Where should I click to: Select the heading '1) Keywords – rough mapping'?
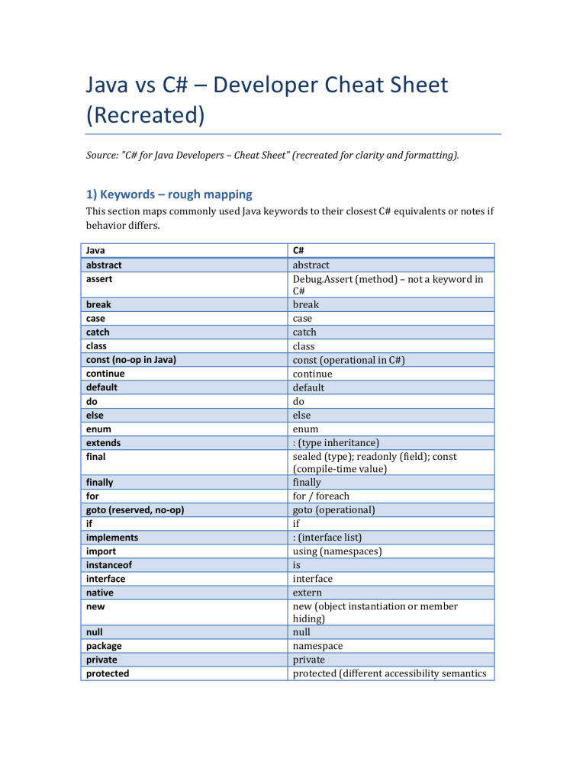click(x=166, y=196)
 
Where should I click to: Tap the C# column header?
click(x=299, y=251)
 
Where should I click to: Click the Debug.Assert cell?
click(x=386, y=285)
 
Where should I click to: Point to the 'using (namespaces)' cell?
click(x=338, y=551)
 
